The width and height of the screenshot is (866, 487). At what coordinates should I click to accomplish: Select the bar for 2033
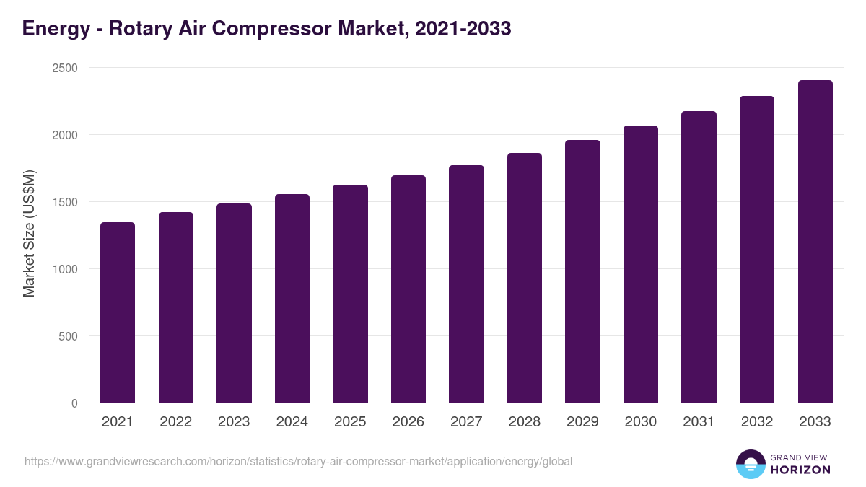pos(815,242)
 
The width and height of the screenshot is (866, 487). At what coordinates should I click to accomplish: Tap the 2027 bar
pos(466,284)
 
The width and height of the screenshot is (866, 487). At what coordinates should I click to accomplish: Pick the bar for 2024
pos(292,299)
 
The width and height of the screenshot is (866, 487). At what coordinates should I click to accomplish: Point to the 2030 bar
pos(641,264)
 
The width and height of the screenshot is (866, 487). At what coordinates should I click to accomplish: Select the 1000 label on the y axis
pos(64,269)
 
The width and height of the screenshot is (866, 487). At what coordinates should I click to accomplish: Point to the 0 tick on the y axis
pos(74,403)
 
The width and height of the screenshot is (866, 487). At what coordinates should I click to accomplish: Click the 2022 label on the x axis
pos(175,422)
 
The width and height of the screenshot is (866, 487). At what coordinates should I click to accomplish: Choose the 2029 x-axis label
pos(582,422)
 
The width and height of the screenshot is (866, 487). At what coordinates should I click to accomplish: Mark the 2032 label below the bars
pos(757,422)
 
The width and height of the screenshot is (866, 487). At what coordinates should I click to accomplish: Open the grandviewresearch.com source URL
pos(298,461)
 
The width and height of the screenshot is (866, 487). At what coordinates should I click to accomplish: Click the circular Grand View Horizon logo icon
pos(751,464)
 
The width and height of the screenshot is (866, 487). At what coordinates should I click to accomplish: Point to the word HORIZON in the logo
pos(800,470)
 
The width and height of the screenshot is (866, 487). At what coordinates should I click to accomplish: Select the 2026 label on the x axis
pos(408,422)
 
